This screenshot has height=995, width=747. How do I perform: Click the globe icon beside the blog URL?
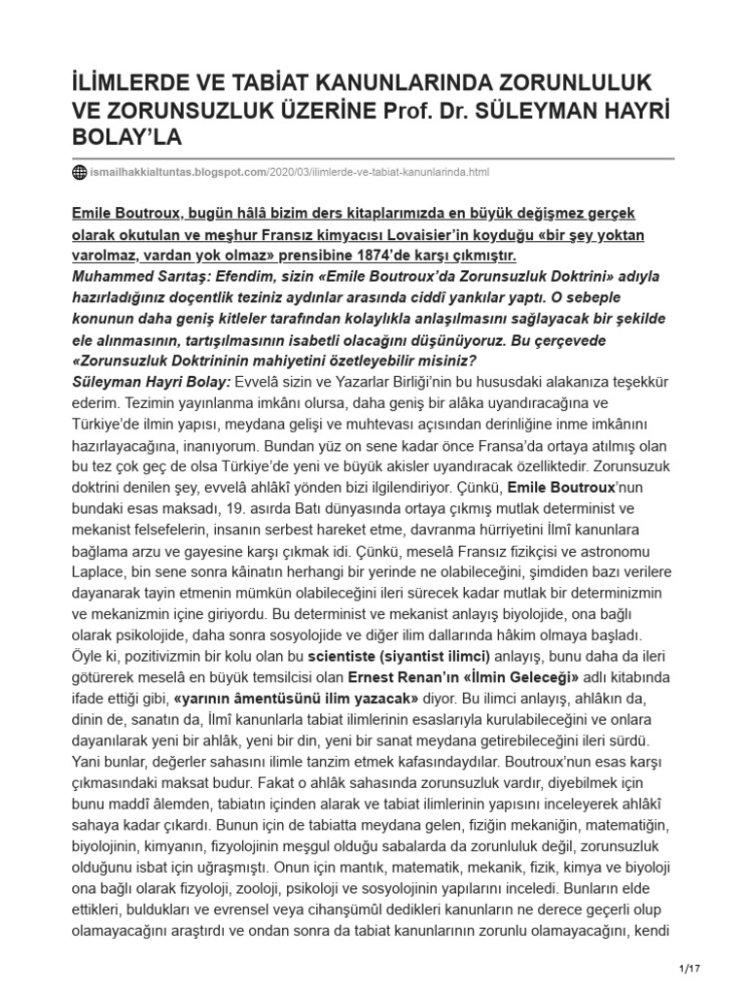click(80, 173)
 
